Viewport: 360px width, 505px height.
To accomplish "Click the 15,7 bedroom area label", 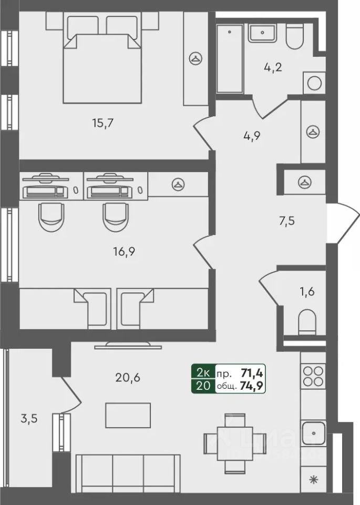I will pos(103,124).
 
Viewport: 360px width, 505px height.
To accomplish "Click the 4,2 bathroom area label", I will pos(273,67).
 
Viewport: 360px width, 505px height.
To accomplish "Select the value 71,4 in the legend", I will pos(252,373).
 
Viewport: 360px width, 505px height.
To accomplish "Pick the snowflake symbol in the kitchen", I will pos(314,479).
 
